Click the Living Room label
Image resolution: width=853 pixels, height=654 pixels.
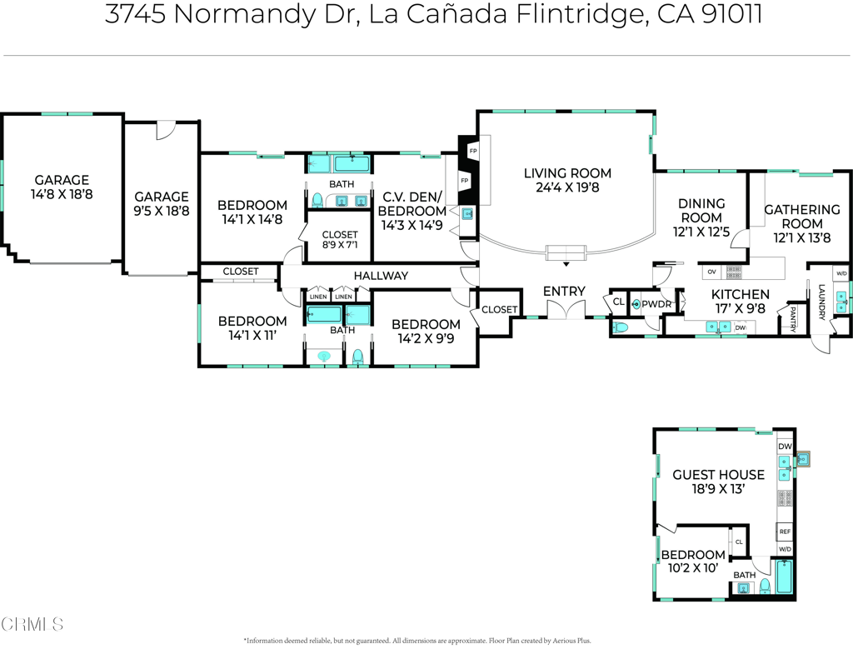(567, 173)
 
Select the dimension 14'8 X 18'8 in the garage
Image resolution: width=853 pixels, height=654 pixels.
(62, 194)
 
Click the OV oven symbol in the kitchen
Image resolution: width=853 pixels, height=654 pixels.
(711, 272)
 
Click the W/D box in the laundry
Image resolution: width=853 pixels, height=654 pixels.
(841, 274)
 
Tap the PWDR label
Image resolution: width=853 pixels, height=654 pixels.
(656, 305)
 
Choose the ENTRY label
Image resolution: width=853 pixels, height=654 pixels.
(564, 291)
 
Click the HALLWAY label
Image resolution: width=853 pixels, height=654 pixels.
(381, 276)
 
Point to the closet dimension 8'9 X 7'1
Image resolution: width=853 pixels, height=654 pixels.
(340, 246)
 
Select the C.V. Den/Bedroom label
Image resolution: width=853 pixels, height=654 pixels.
(414, 204)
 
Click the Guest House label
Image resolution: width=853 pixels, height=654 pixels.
(718, 475)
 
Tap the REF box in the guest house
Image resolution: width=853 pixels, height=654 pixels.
(785, 532)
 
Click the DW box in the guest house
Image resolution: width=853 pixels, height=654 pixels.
(785, 447)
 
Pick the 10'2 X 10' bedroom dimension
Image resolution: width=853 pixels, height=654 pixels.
(693, 567)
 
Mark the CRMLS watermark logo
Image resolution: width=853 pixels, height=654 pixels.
(32, 623)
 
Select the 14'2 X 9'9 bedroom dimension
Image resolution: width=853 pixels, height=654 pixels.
(426, 338)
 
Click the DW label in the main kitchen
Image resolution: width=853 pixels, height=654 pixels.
(740, 327)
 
